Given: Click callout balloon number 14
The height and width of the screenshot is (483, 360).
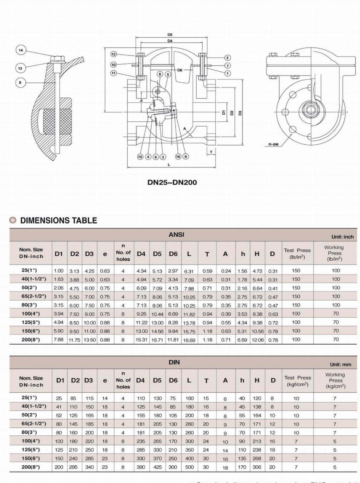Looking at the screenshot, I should click(21, 50).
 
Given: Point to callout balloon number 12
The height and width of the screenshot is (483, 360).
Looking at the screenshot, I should click(114, 54).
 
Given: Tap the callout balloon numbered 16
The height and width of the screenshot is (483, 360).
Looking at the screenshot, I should click(178, 157).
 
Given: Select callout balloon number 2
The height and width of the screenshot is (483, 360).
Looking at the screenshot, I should click(228, 58).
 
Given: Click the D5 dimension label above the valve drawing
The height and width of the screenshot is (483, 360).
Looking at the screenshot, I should click(170, 35).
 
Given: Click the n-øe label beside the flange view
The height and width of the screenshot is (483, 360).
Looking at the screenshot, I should click(273, 144).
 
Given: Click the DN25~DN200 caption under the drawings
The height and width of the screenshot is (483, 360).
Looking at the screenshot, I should click(172, 182).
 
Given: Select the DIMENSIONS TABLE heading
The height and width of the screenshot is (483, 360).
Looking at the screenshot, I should click(58, 221).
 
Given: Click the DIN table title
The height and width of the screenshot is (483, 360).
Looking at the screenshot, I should click(174, 362).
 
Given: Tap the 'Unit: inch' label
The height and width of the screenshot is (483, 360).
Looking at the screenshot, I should click(343, 237).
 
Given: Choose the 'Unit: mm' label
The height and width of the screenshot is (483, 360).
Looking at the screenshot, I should click(341, 364).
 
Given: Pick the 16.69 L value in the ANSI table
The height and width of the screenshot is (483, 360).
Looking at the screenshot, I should click(189, 340).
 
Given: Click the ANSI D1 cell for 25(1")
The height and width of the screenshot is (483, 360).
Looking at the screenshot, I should click(58, 271).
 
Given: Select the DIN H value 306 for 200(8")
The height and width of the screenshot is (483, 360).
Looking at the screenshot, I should click(257, 467).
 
